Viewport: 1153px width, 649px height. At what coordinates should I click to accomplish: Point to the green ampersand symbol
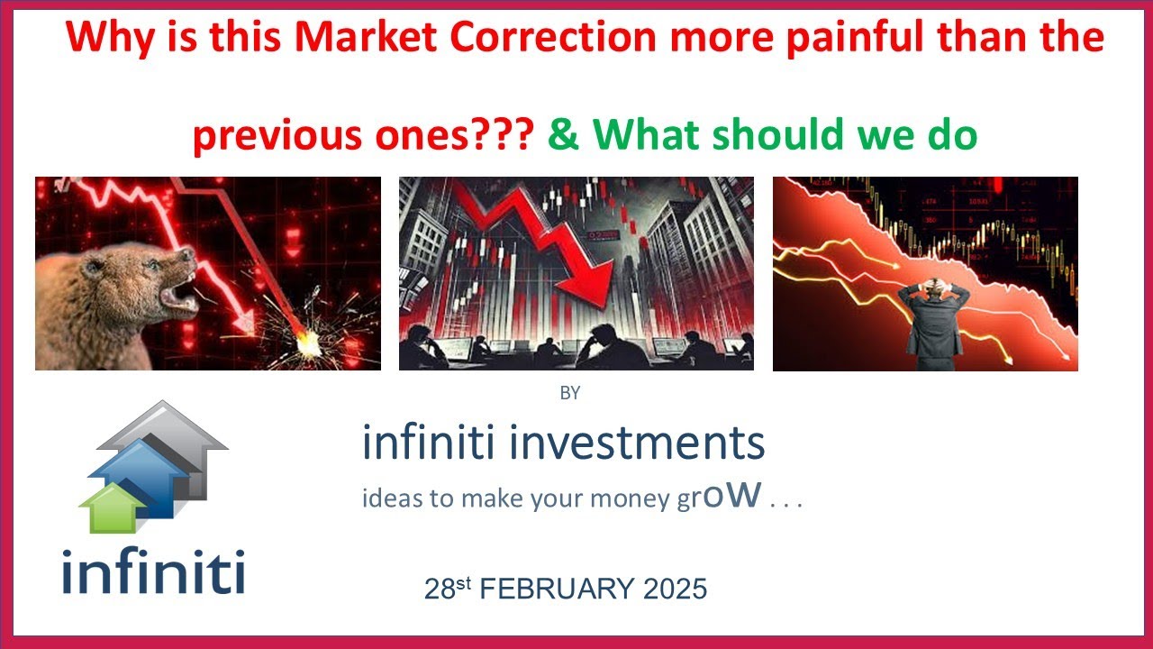pos(563,135)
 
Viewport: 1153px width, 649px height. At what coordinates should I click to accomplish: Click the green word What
pos(643,135)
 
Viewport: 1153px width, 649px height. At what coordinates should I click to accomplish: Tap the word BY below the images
pos(569,393)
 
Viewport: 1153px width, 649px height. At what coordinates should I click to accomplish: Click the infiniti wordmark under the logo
pos(153,571)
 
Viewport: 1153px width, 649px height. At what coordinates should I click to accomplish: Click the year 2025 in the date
pos(675,590)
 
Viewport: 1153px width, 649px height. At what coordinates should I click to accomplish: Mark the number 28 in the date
pos(438,590)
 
